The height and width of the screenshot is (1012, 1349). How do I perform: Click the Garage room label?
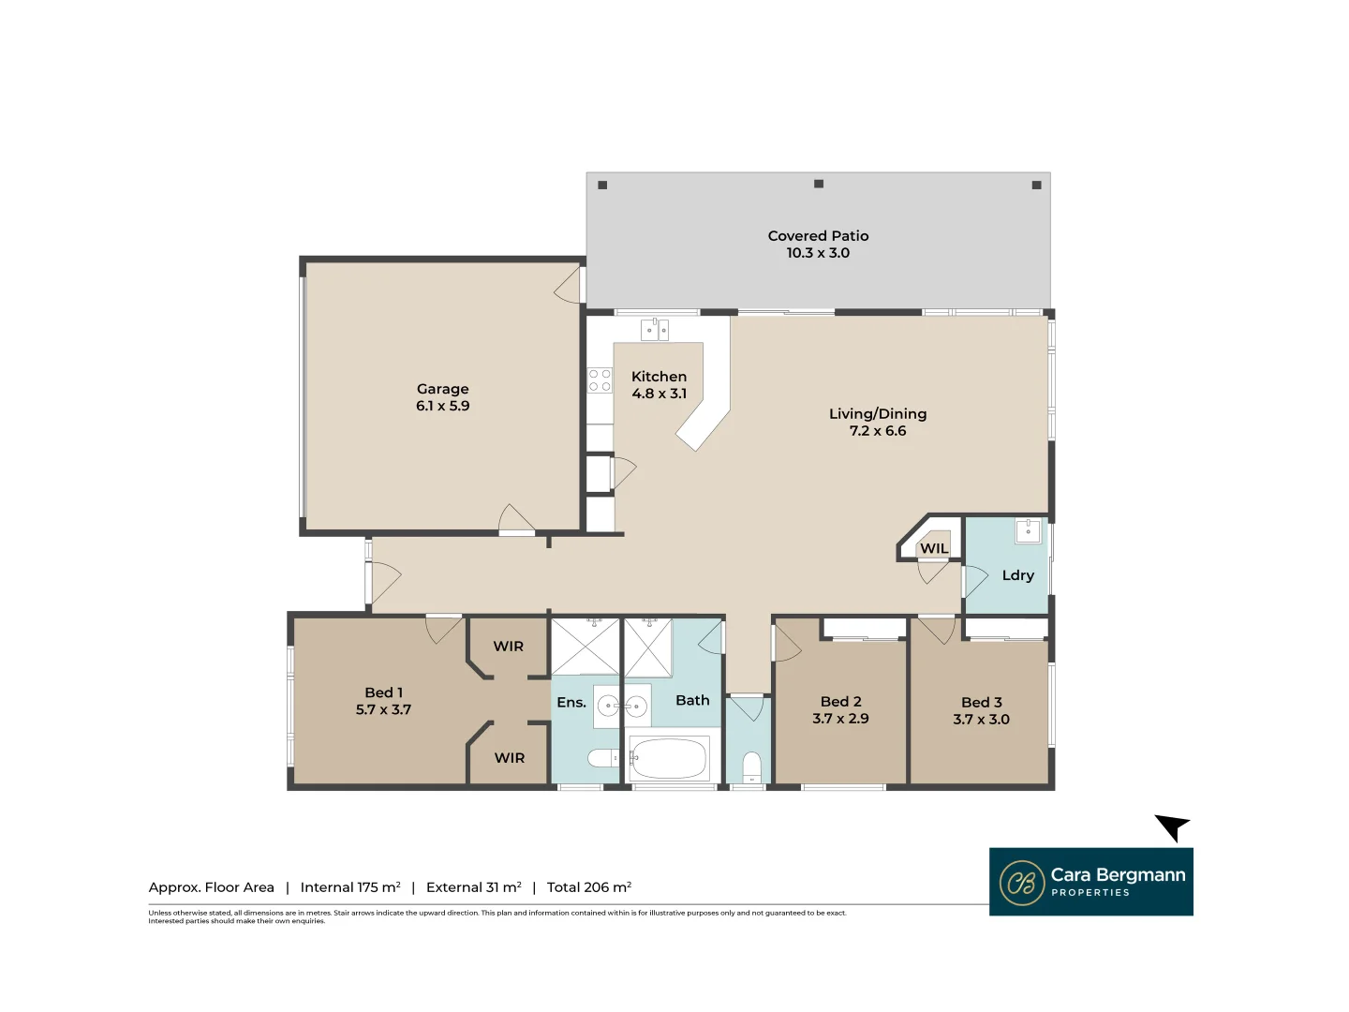[442, 389]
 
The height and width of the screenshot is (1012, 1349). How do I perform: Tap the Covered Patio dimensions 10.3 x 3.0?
[818, 253]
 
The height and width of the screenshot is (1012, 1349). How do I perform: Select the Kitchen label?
[659, 377]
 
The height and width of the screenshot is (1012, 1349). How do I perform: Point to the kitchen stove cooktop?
[600, 380]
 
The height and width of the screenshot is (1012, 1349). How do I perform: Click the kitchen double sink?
[655, 330]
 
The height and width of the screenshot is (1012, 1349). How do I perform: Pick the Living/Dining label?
[878, 414]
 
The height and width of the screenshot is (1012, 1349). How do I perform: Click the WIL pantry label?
[933, 549]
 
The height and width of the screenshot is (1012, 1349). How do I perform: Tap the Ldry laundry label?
[1017, 575]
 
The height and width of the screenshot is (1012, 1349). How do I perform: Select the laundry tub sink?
[1028, 531]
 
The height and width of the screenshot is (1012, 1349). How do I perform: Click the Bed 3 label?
[981, 703]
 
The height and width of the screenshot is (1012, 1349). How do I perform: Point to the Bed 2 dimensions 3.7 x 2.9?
[840, 719]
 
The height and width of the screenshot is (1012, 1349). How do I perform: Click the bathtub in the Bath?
[669, 759]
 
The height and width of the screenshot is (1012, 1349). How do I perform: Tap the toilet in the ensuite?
[600, 758]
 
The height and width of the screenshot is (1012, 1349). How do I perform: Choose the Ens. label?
[571, 703]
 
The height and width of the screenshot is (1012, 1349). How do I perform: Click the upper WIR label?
[509, 647]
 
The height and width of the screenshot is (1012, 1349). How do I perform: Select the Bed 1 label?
[383, 692]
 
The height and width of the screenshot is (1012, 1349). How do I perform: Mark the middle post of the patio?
[819, 184]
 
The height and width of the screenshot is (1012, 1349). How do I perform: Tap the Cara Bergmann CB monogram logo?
[1021, 883]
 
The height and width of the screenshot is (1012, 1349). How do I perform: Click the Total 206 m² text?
[588, 887]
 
